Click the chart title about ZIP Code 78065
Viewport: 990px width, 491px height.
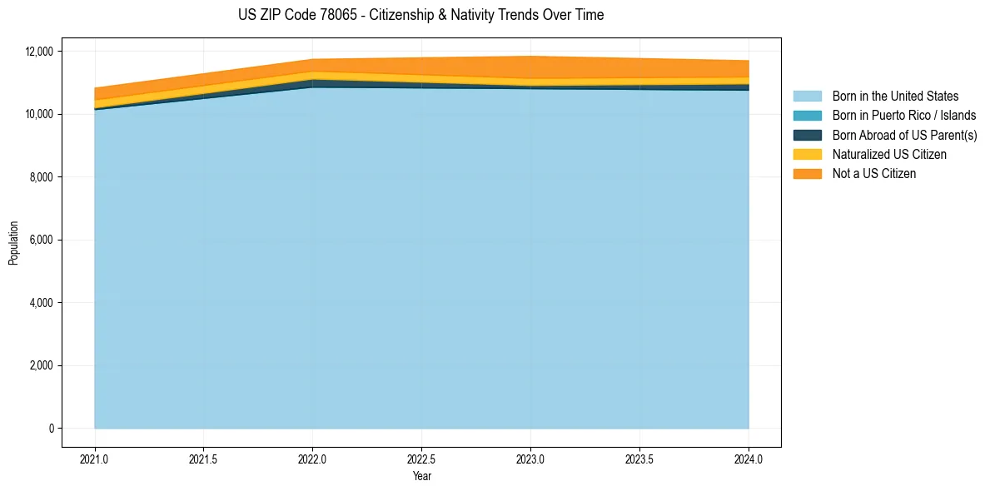pos(420,15)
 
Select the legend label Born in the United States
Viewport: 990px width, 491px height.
pos(895,97)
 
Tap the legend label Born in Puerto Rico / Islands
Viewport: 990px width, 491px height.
pos(904,116)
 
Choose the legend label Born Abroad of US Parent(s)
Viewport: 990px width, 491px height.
pos(904,135)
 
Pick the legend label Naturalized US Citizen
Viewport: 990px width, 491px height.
pos(889,155)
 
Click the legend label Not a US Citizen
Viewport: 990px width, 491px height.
pos(873,174)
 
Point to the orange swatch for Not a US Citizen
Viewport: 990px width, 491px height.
pos(807,174)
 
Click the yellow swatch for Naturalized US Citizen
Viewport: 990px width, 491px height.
pos(807,155)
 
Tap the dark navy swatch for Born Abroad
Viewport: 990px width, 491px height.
pos(807,135)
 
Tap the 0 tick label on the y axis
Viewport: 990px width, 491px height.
pos(51,429)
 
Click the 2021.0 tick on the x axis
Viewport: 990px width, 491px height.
pos(95,458)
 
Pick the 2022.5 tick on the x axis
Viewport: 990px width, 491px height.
pos(422,458)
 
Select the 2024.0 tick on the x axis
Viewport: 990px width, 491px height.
pos(749,458)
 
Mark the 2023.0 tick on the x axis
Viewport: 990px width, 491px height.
pos(530,458)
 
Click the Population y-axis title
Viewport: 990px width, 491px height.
pos(13,243)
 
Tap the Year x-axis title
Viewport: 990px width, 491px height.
pos(421,477)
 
